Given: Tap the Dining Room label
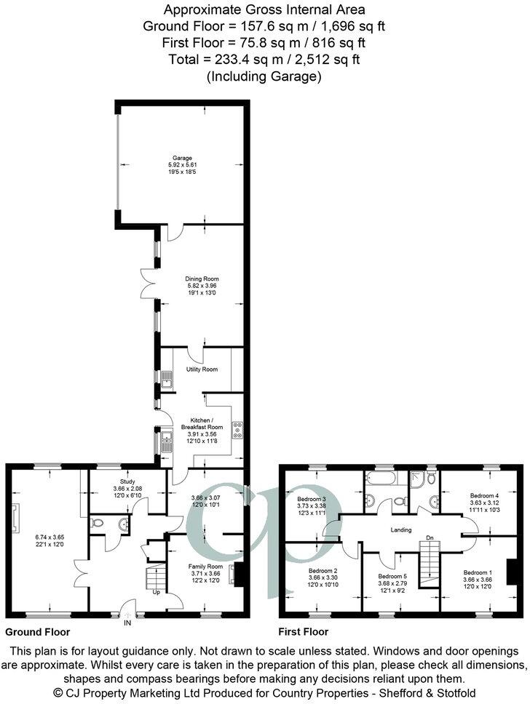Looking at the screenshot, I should tap(202, 279).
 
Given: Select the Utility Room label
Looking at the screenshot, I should tap(202, 369).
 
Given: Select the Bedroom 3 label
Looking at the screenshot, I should tap(312, 499).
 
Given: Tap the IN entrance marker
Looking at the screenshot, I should tap(128, 623).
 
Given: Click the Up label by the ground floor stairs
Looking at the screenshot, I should tap(157, 592).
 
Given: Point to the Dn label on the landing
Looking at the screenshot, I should tap(430, 539).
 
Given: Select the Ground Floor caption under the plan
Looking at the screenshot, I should tap(37, 632).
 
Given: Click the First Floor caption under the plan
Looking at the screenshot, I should tap(304, 632).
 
